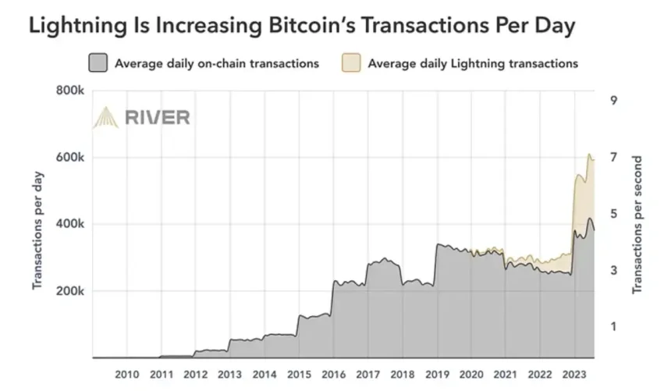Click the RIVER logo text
(157, 118)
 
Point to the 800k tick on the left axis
(71, 91)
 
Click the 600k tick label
(71, 158)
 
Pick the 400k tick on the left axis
(71, 225)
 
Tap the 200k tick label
(71, 291)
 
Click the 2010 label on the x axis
(127, 375)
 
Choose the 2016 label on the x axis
(333, 375)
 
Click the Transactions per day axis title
(37, 230)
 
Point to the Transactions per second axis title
(637, 225)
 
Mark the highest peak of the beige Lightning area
(589, 155)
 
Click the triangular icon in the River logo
(105, 118)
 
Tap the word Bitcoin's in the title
(319, 25)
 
